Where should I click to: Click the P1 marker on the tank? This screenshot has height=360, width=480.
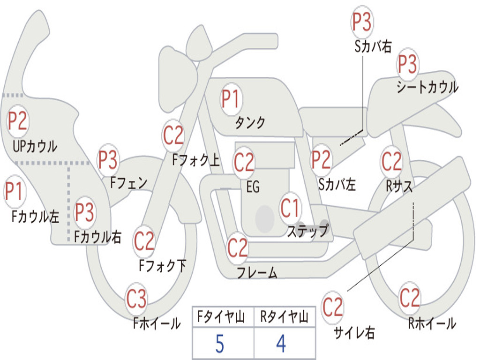(231, 99)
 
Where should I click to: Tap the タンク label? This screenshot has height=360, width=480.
(250, 123)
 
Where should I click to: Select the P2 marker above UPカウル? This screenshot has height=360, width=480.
(18, 121)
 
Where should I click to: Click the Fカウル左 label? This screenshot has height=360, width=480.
(36, 217)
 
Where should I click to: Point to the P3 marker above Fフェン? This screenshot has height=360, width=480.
(108, 160)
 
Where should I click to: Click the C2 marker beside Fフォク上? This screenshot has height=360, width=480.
(173, 136)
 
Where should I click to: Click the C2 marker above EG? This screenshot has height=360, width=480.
(244, 162)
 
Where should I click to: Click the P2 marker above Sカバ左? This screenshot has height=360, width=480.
(322, 160)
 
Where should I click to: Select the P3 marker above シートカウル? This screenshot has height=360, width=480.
(408, 65)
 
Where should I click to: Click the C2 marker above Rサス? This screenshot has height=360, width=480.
(392, 161)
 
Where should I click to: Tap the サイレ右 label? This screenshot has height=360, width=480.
(354, 333)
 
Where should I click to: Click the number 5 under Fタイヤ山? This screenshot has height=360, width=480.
(219, 345)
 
